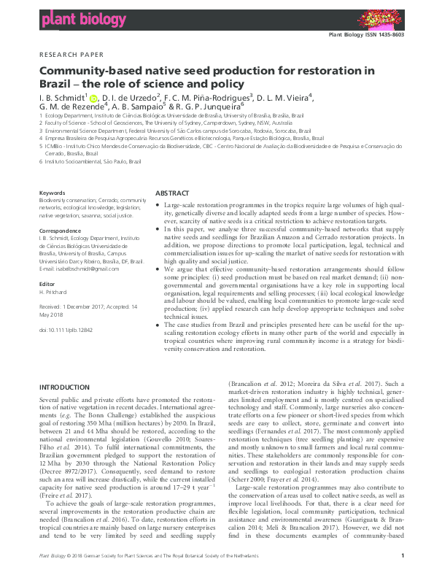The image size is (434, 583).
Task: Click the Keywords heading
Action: [x=52, y=193]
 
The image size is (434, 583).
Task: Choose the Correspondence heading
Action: [x=60, y=231]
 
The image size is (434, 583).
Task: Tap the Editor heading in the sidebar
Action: [x=47, y=283]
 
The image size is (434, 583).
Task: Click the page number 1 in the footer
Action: [x=403, y=576]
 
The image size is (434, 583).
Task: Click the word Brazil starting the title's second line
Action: [x=55, y=82]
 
